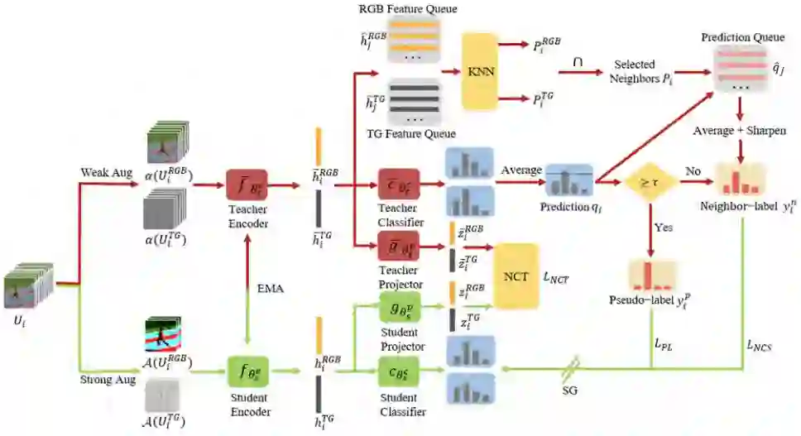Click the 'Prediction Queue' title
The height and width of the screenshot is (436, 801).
click(739, 38)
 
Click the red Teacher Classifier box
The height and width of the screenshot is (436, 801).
click(401, 187)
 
